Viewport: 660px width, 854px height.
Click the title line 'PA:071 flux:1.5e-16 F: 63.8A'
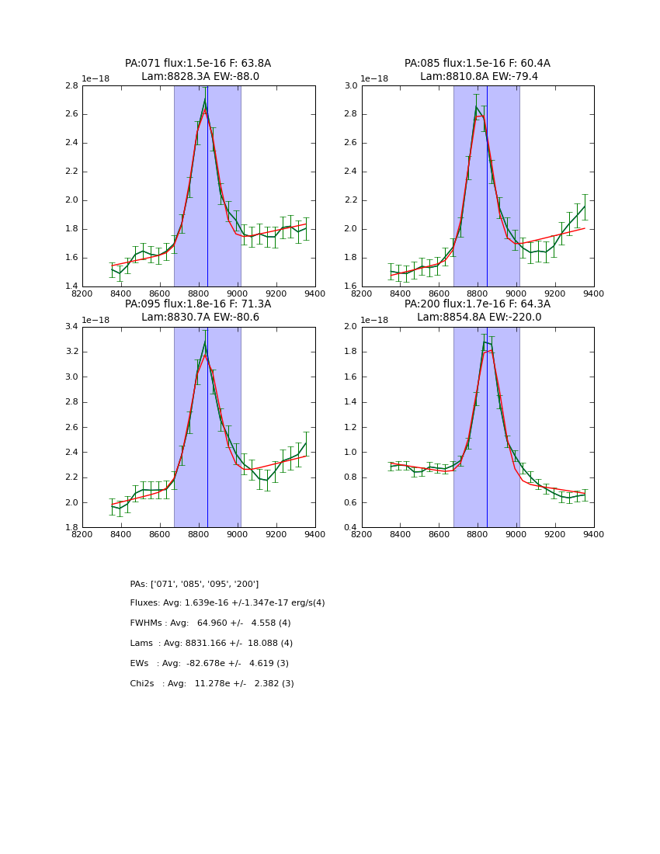tap(198, 64)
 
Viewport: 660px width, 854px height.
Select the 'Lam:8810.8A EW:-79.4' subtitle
tap(478, 77)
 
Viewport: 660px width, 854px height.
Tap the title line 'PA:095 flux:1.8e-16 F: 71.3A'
tap(198, 304)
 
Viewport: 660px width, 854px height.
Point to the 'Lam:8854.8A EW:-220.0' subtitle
tap(478, 318)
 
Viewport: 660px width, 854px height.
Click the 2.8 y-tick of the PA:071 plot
tap(71, 86)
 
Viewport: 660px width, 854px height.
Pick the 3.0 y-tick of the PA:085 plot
tap(350, 86)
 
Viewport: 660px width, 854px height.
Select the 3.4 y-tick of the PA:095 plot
tap(71, 327)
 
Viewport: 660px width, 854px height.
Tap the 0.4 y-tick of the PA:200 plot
tap(350, 528)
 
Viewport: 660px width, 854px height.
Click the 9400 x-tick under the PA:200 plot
tap(594, 534)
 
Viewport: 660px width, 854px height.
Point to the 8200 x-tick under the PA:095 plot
tap(82, 534)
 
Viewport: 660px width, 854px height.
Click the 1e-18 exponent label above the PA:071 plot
tap(96, 79)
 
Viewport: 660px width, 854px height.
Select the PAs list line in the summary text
tap(194, 584)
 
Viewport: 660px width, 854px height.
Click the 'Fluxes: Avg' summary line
tap(227, 603)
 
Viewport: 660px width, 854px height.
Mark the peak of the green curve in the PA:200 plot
tap(484, 342)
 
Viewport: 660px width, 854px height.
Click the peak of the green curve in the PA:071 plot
tap(205, 100)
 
